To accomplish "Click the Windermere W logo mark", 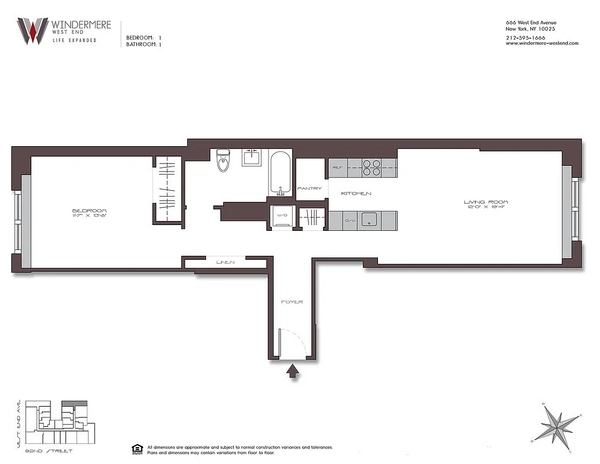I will pos(32,31).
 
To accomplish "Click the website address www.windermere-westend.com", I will pos(542,43).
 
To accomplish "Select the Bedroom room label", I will pos(89,211).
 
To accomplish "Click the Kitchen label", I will pos(355,193).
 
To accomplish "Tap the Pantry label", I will pos(309,188).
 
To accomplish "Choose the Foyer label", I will pos(292,302).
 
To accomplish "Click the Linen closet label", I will pos(225,262).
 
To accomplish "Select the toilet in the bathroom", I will pos(224,161).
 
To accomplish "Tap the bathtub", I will pos(281,173).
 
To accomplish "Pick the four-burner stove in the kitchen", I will pos(371,167).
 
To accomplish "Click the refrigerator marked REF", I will pos(337,167).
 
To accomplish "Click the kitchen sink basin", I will pos(368,220).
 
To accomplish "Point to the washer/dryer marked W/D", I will pos(283,216).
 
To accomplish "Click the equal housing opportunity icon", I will pos(137,449).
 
